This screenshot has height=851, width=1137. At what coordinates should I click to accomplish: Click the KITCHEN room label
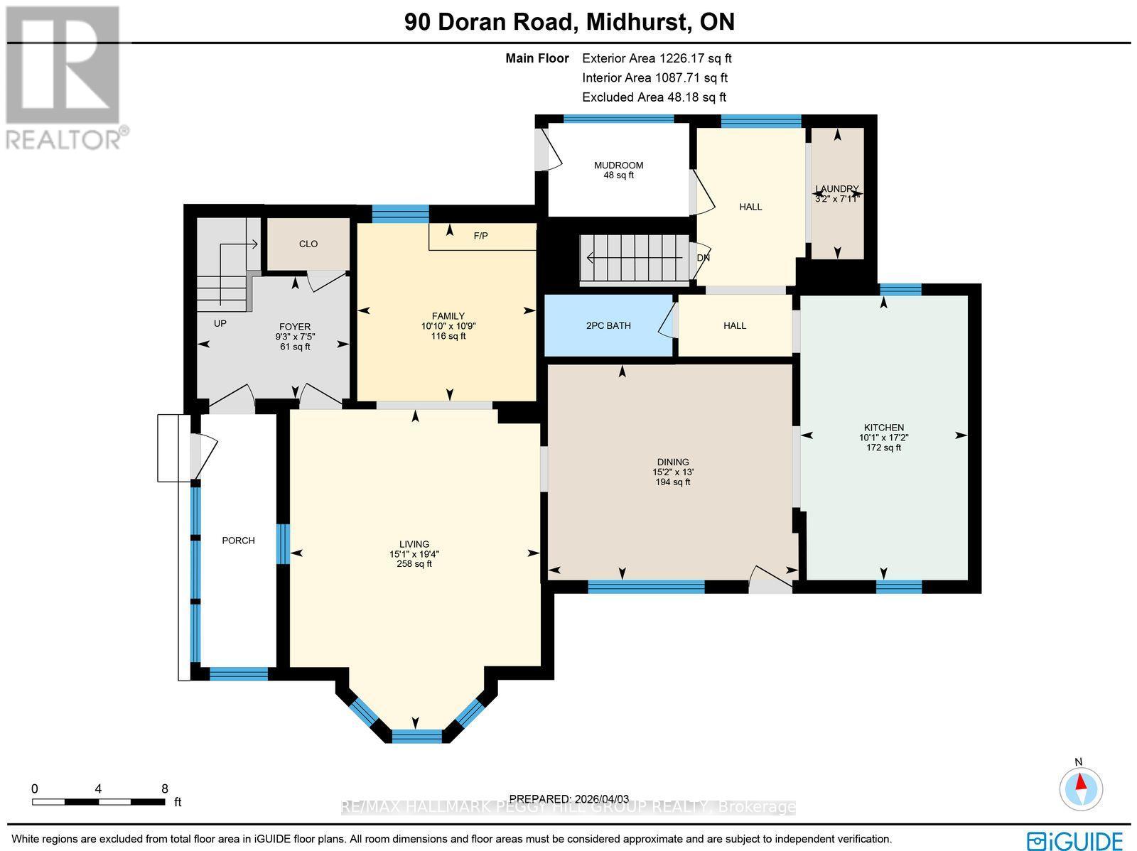tap(883, 428)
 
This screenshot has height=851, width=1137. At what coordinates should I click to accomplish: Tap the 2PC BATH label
tap(608, 326)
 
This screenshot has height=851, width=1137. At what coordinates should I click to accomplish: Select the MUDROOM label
tap(618, 166)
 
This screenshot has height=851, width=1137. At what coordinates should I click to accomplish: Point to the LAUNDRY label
tap(837, 189)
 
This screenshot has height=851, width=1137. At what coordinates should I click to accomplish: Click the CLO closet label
tap(308, 244)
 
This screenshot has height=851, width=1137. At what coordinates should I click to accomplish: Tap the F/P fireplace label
tap(481, 236)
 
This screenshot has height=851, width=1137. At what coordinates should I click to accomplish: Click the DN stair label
tap(704, 258)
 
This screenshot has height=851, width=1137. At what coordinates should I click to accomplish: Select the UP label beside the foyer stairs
tap(220, 323)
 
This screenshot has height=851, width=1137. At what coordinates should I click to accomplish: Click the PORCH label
tap(238, 541)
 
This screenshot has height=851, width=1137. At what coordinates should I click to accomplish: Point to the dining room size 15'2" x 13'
tap(673, 472)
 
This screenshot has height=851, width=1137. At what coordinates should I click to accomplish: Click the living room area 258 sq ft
tap(414, 564)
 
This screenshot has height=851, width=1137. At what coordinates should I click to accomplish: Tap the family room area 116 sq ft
tap(448, 336)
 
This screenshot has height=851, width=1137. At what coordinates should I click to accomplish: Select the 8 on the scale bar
tap(165, 788)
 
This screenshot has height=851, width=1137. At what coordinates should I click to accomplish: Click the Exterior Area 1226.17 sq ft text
tap(657, 59)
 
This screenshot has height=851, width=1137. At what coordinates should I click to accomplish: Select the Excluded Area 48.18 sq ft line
tap(654, 97)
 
